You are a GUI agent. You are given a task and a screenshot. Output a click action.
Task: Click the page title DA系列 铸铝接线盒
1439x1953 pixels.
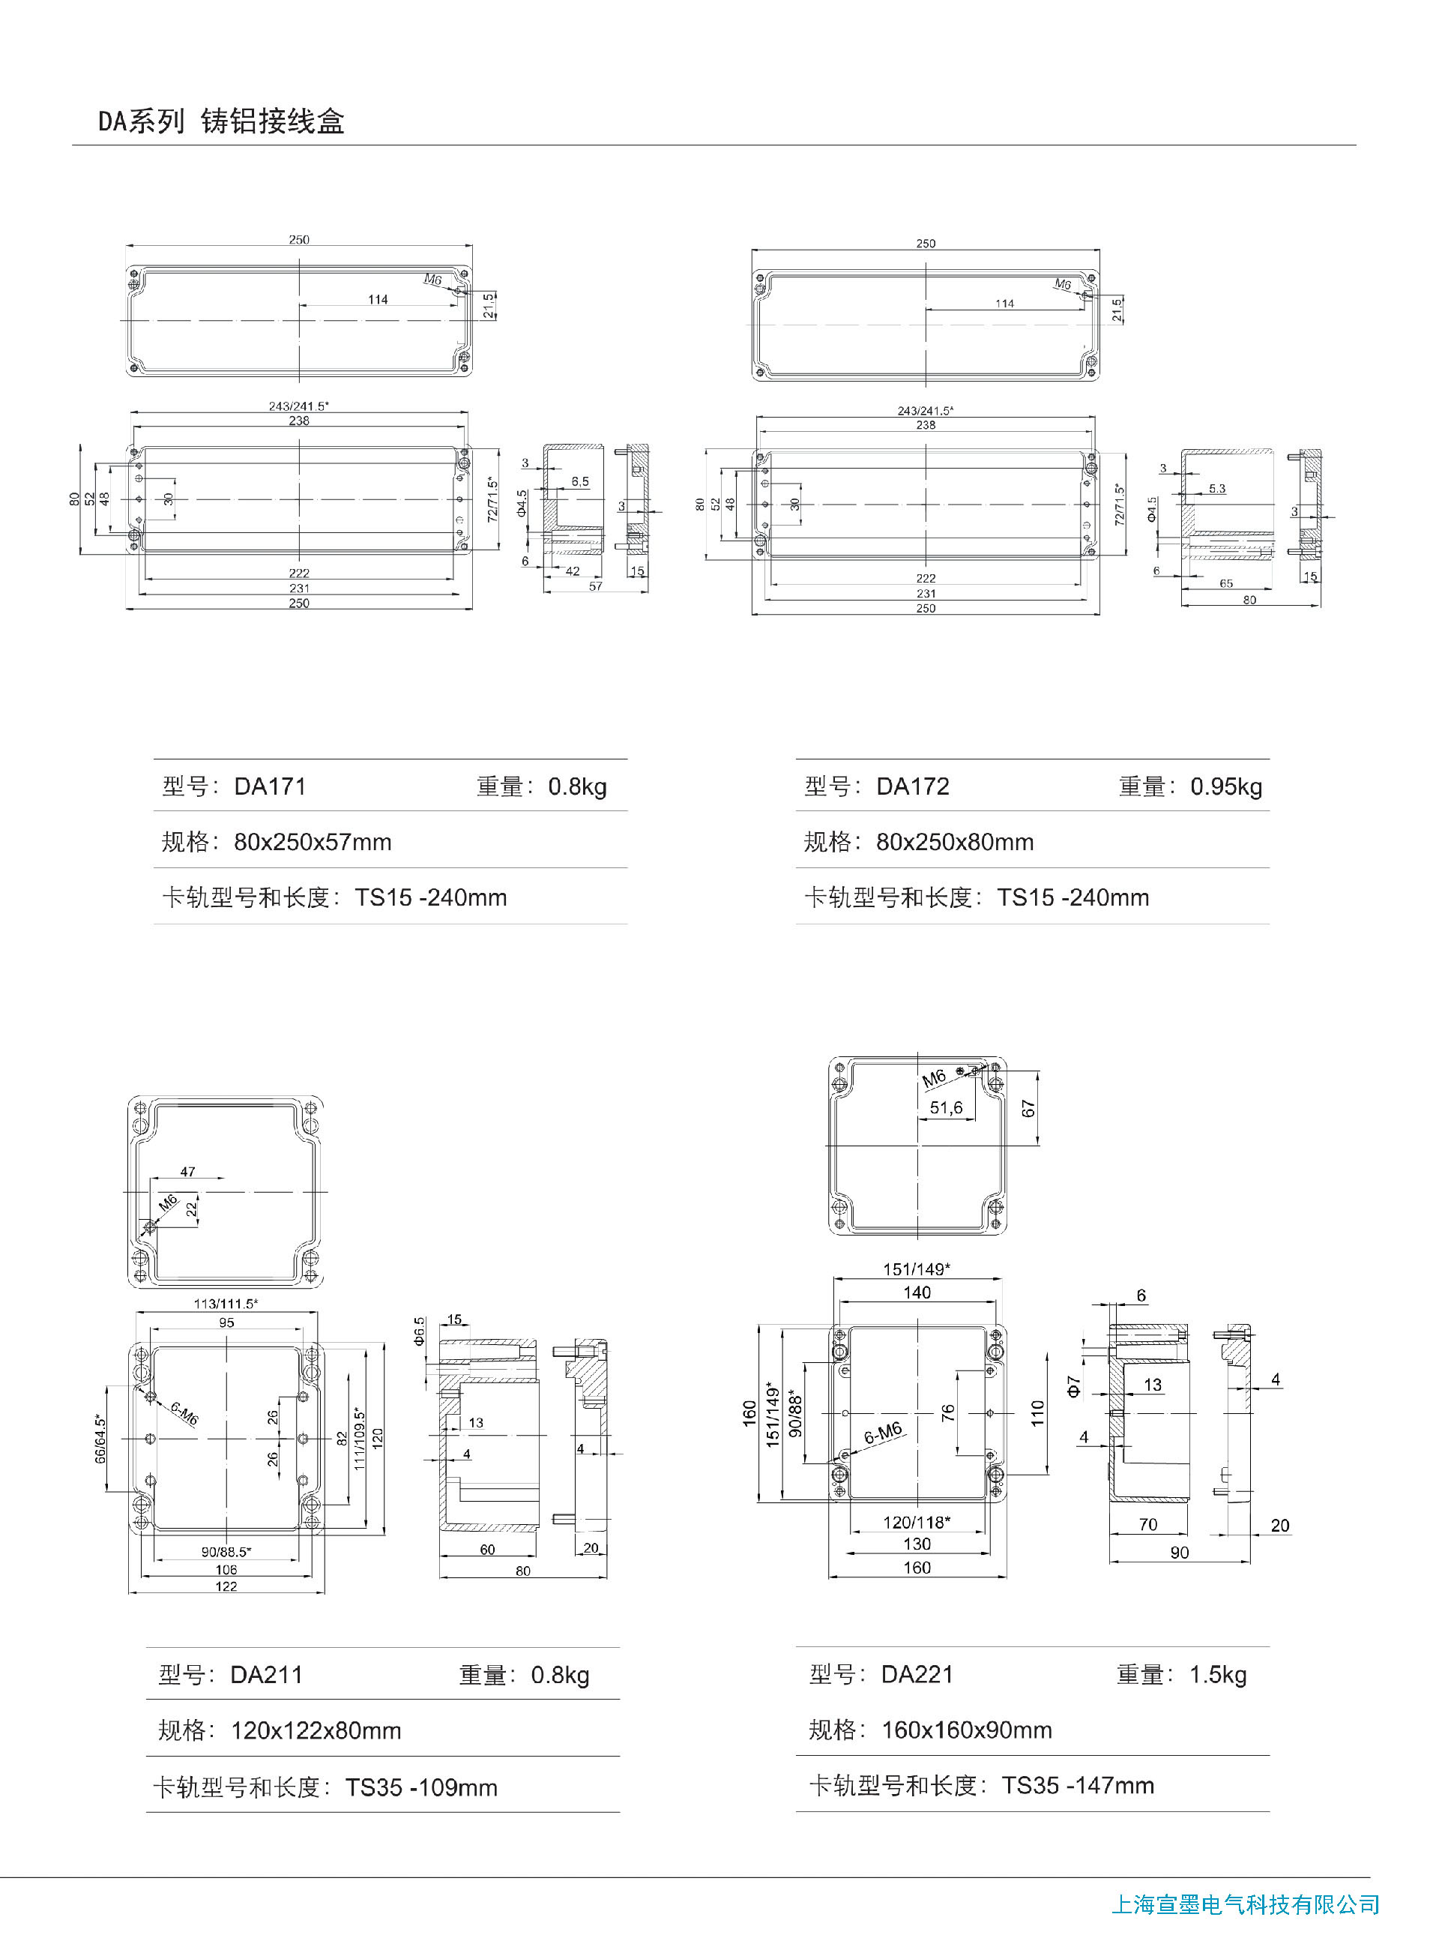click(221, 121)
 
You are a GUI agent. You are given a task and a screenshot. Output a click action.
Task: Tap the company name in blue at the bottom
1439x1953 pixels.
click(1245, 1905)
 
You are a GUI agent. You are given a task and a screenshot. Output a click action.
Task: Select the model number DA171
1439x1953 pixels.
click(270, 786)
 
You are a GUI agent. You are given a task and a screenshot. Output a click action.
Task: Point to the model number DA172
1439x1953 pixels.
click(913, 786)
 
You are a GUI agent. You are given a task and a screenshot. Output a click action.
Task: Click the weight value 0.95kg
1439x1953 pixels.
click(1225, 787)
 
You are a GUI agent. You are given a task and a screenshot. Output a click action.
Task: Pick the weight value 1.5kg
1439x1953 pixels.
click(1218, 1675)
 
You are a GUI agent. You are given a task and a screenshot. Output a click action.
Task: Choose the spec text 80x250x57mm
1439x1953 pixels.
click(313, 843)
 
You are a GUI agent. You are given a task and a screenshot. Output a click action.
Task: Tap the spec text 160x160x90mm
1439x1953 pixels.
click(967, 1730)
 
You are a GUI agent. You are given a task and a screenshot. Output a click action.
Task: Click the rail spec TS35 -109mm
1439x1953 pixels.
click(422, 1787)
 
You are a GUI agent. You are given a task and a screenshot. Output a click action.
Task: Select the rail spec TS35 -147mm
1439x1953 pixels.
click(1079, 1786)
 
